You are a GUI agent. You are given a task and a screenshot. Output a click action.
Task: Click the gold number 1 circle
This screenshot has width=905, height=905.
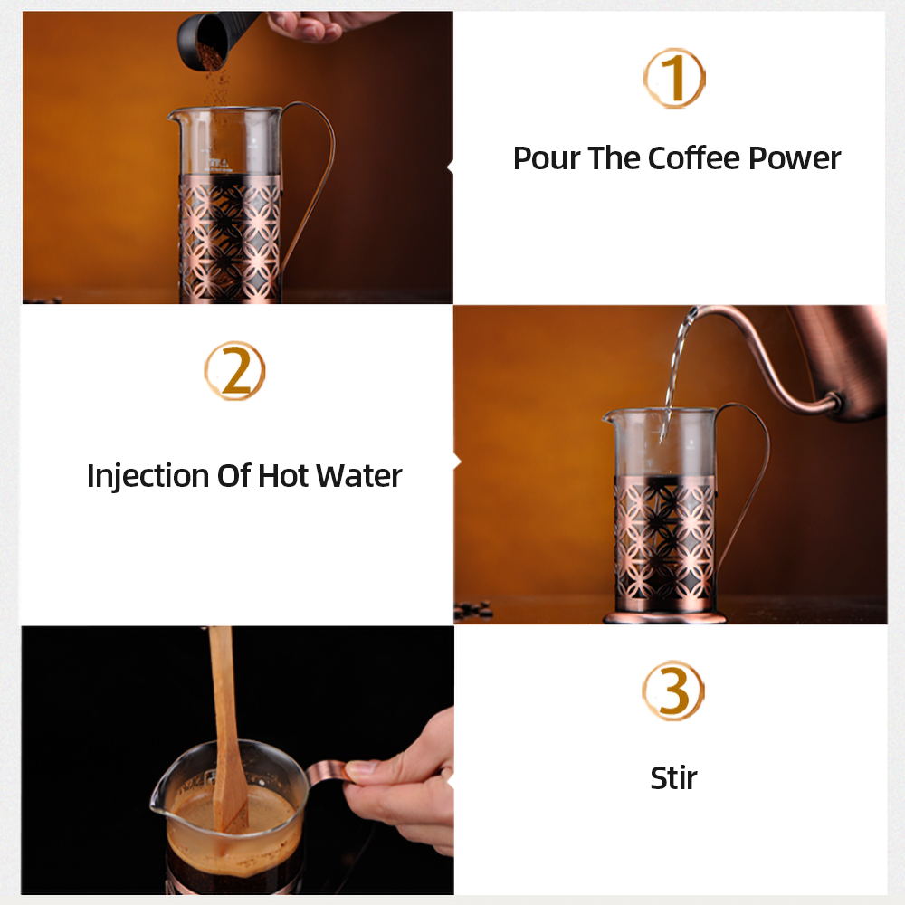click(x=674, y=79)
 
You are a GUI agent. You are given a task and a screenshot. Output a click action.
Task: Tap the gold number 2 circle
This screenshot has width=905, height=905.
click(x=234, y=371)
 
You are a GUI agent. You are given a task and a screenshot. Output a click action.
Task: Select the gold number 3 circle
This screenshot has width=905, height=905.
click(x=673, y=691)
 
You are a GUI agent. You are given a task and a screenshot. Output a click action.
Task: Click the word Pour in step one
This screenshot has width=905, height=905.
click(x=547, y=158)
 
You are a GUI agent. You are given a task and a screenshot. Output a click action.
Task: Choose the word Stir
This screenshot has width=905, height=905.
click(x=674, y=777)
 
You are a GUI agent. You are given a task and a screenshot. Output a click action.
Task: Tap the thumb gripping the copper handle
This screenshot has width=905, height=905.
click(x=365, y=769)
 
